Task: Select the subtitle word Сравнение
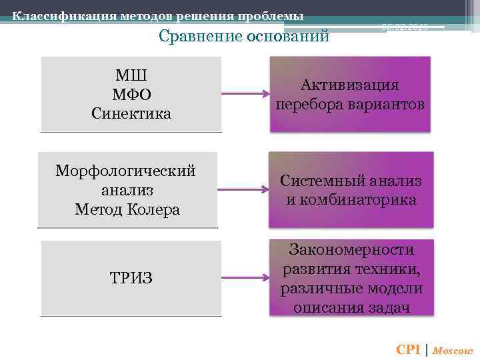(x=201, y=36)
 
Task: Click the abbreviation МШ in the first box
(x=131, y=74)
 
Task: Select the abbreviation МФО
(x=131, y=93)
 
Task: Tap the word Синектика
(x=131, y=113)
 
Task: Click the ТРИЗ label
(x=131, y=277)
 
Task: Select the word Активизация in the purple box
(x=349, y=85)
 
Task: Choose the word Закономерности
(x=351, y=249)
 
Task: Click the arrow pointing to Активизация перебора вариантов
(x=245, y=94)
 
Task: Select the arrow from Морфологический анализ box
(x=243, y=189)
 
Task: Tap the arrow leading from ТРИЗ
(x=245, y=277)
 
